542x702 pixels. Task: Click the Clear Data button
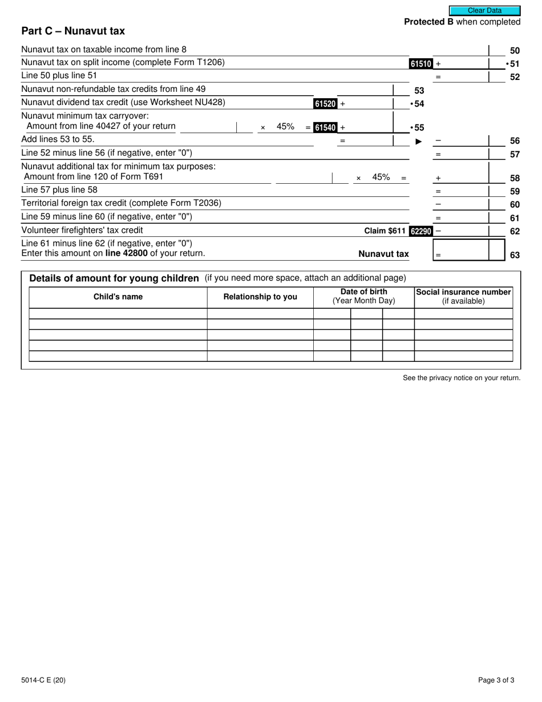click(484, 10)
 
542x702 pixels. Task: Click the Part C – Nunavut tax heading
click(73, 31)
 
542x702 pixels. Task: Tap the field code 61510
click(420, 64)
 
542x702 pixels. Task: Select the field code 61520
click(325, 104)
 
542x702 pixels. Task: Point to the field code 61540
click(325, 128)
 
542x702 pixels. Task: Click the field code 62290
click(420, 231)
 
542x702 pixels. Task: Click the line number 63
click(515, 255)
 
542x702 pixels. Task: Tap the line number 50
click(515, 51)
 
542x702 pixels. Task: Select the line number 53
click(419, 91)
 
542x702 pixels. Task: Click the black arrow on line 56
click(419, 141)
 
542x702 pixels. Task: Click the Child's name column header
click(118, 297)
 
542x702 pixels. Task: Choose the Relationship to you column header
click(260, 297)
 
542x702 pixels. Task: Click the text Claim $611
click(385, 231)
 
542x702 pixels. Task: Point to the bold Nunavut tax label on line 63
click(383, 254)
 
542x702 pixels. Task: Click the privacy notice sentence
click(462, 378)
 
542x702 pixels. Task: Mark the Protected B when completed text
click(462, 22)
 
